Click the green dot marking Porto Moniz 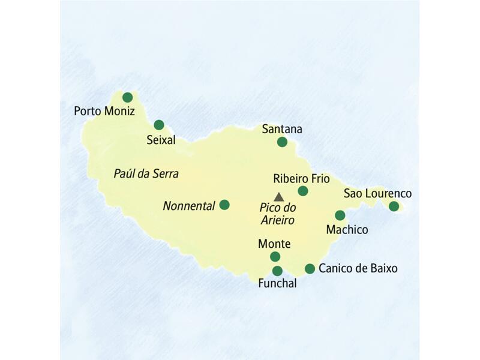point(127,97)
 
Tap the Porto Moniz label point(104,111)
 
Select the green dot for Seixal point(159,125)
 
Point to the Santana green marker point(282,142)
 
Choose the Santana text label point(282,129)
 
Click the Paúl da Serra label point(146,173)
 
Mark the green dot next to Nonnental point(224,205)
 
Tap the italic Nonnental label point(189,206)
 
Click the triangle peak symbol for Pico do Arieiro point(278,197)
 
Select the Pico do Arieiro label point(277,214)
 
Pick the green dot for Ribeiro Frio point(303,191)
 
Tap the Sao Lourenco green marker point(394,206)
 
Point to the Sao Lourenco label point(377,193)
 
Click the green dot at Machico point(340,215)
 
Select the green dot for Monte point(275,257)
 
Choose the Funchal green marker point(277,271)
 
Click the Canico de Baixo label point(358,268)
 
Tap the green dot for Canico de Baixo point(310,269)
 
